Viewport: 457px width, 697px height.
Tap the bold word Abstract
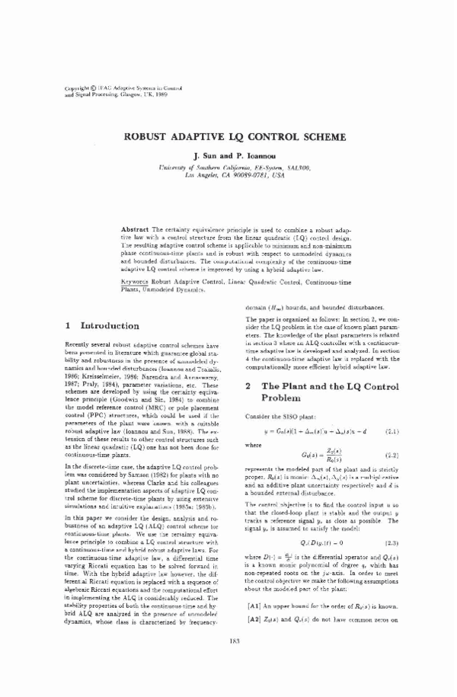tap(135, 229)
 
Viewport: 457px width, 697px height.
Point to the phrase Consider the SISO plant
tap(272, 416)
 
